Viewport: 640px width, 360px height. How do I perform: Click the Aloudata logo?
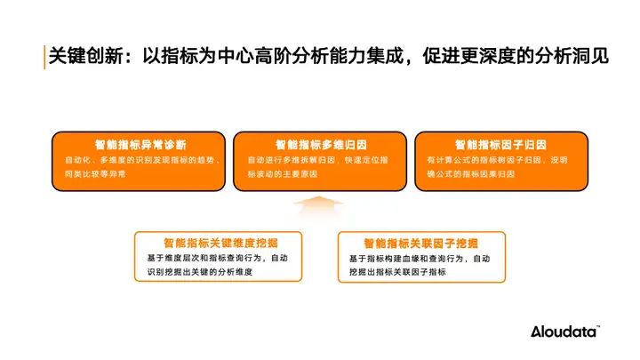click(x=565, y=332)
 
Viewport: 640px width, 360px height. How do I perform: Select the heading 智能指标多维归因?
click(x=320, y=144)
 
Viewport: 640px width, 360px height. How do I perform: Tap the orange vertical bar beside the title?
click(x=44, y=55)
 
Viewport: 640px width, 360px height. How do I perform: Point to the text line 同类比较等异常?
click(x=95, y=175)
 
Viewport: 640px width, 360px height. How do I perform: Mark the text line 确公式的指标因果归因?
click(x=470, y=175)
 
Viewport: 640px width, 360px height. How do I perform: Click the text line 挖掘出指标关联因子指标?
click(x=396, y=273)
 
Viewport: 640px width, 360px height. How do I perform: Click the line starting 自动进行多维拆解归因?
click(x=319, y=160)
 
